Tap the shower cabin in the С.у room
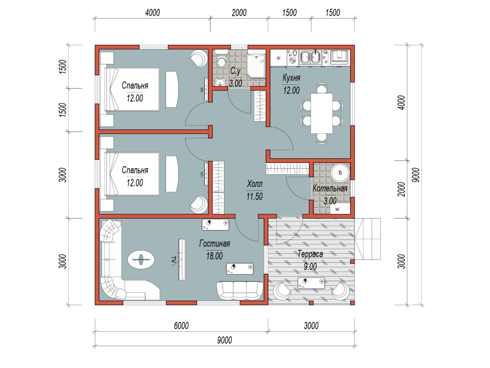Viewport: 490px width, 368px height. tap(256, 66)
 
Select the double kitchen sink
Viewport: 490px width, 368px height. tap(310, 57)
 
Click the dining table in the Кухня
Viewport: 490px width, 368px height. tap(321, 113)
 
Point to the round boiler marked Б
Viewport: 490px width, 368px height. tap(340, 173)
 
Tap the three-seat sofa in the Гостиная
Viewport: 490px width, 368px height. tap(240, 290)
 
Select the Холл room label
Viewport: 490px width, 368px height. tap(255, 184)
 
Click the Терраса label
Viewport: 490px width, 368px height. tap(310, 254)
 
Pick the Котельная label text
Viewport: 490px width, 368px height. tap(330, 188)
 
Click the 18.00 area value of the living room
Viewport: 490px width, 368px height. tap(214, 256)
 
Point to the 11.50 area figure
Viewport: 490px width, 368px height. tap(254, 197)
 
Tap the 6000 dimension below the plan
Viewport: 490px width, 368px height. tap(181, 326)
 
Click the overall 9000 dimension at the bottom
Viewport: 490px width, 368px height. tap(225, 340)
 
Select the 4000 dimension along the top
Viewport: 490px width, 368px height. tap(152, 13)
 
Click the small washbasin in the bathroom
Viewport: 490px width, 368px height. tap(220, 82)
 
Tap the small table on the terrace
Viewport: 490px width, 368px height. tap(311, 283)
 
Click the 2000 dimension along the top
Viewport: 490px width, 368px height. tap(239, 13)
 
